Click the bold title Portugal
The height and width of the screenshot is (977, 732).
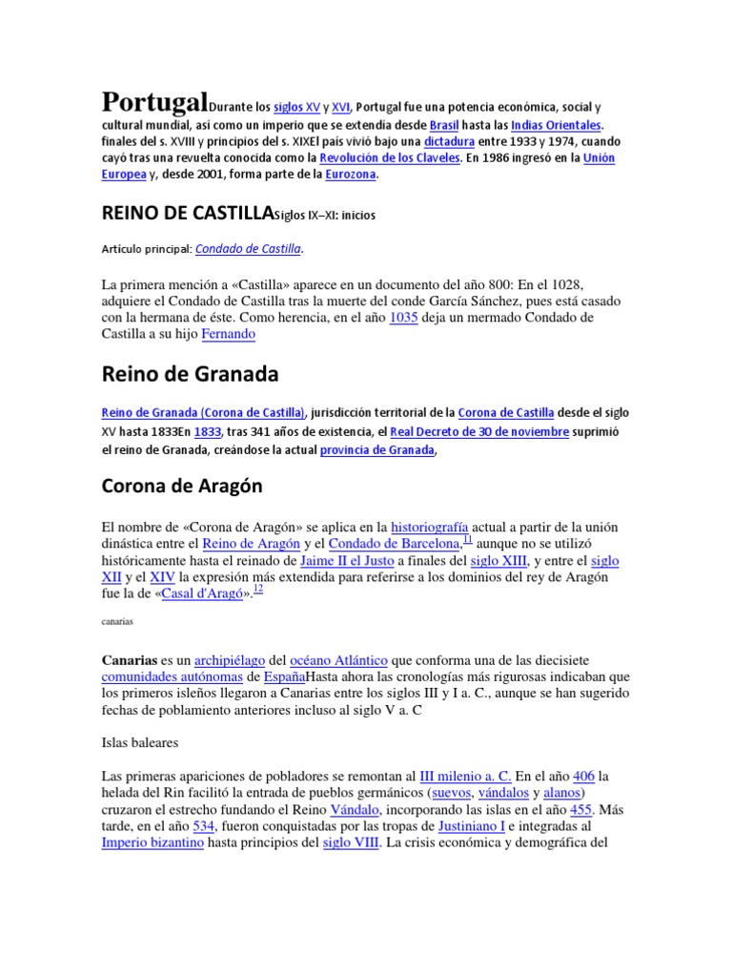tap(153, 102)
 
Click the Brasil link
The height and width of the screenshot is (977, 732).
tap(444, 125)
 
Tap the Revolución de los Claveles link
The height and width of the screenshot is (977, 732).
tap(390, 157)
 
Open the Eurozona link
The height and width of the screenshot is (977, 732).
tap(349, 175)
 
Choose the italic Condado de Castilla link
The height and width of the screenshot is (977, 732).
tap(248, 249)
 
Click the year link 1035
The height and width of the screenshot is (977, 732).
tap(403, 318)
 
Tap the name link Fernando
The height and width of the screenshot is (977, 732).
tap(229, 335)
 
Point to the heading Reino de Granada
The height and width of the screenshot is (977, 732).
tap(190, 375)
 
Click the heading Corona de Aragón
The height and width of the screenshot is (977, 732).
tap(182, 487)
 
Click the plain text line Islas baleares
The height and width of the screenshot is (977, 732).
tap(139, 740)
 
